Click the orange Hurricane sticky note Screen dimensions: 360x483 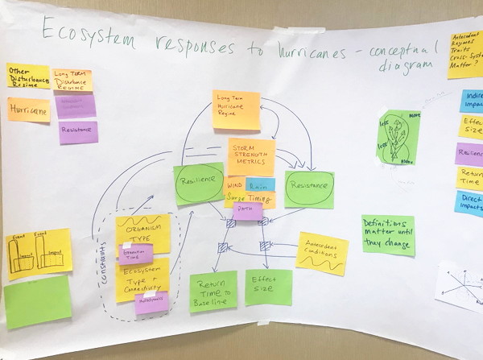[28, 110]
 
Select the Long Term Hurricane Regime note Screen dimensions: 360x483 [236, 110]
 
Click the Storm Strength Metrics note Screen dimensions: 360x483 [250, 155]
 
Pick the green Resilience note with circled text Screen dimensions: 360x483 [198, 184]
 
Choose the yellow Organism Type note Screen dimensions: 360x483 [142, 229]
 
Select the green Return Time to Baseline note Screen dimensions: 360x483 [213, 291]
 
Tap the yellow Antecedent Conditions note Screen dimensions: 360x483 [322, 253]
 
